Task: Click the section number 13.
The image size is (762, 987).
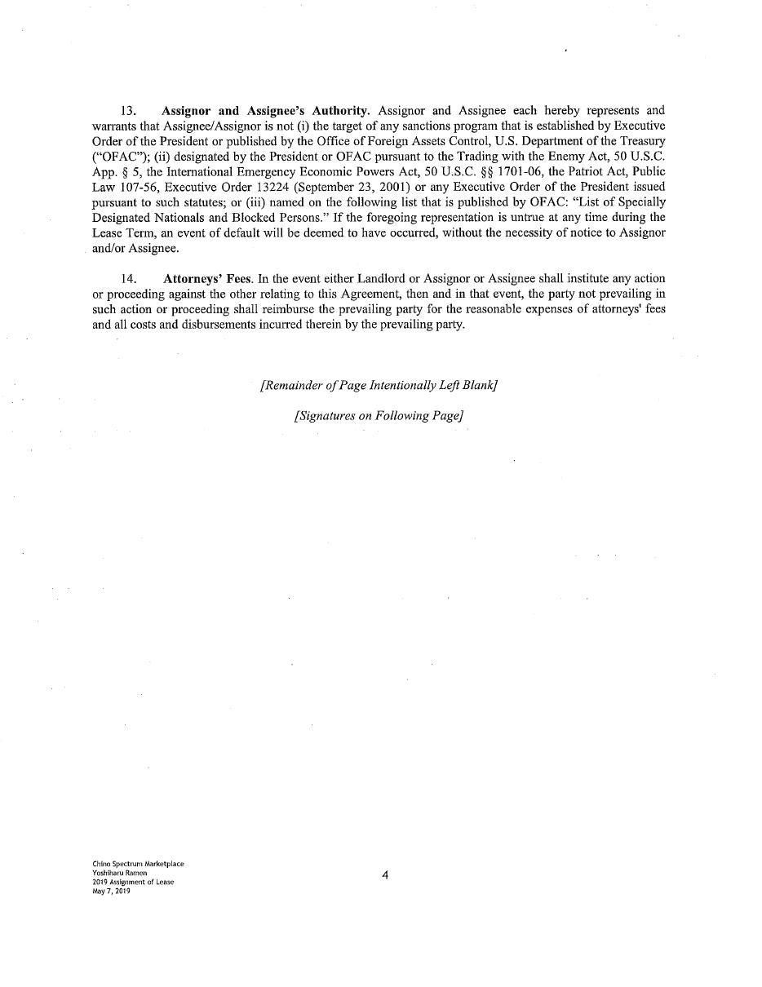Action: tap(128, 111)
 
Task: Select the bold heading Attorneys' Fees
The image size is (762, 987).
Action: tap(207, 279)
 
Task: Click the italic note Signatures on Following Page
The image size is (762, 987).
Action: tap(379, 416)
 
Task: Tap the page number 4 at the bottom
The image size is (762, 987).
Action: tap(385, 876)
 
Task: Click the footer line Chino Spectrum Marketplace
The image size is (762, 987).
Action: tap(138, 864)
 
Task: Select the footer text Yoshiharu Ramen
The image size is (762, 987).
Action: tap(119, 873)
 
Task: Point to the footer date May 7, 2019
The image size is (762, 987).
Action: tap(111, 891)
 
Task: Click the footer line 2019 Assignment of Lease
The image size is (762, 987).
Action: tap(133, 882)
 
